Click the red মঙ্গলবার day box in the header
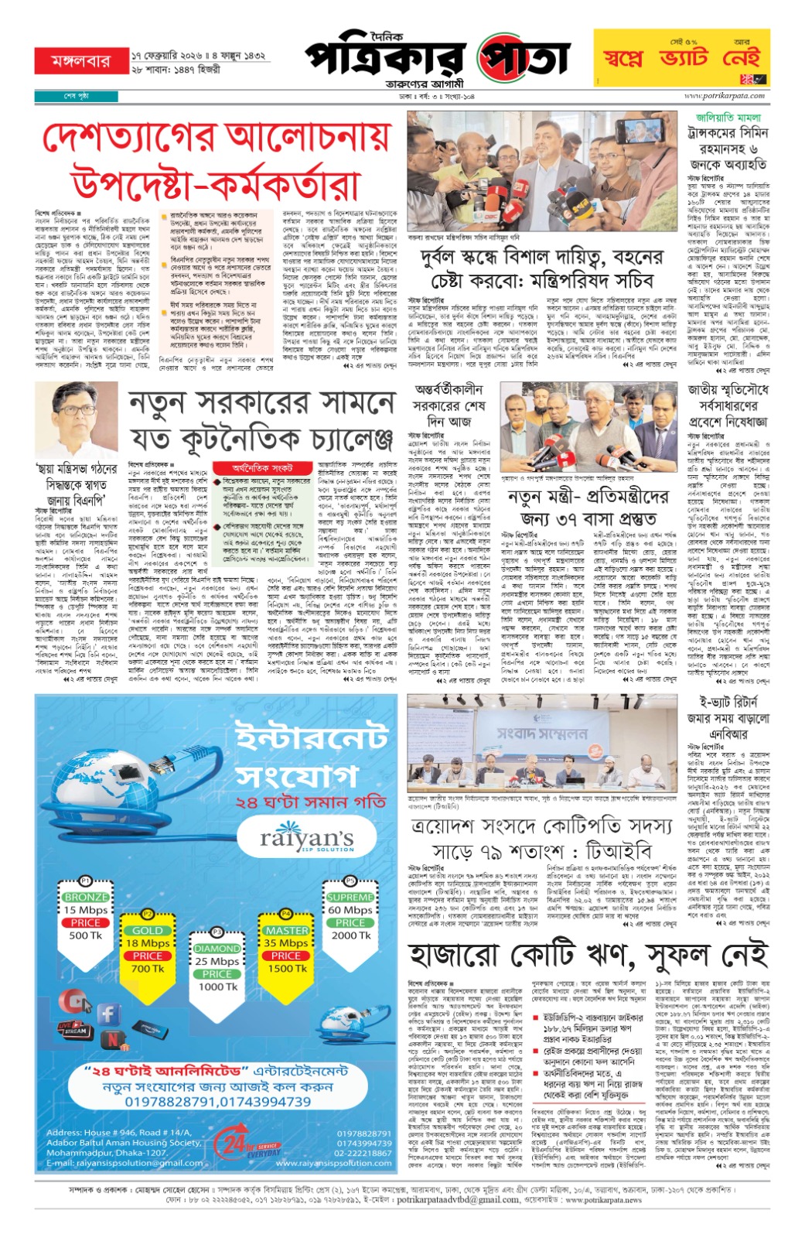click(x=80, y=61)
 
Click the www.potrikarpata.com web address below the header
click(x=724, y=96)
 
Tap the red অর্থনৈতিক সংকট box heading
click(x=264, y=468)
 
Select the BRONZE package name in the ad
click(x=86, y=898)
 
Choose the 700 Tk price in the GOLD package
click(x=147, y=968)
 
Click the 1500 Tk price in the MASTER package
click(x=287, y=968)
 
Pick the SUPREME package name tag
click(x=350, y=898)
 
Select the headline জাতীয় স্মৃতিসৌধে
click(x=728, y=389)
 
